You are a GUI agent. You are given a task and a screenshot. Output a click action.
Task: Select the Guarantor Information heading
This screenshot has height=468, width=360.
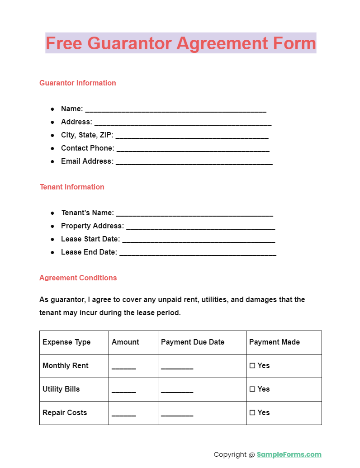[77, 83]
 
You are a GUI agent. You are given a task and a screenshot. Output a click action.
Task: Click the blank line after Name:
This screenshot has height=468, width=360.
[175, 110]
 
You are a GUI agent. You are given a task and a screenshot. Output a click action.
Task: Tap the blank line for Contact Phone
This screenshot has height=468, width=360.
[193, 149]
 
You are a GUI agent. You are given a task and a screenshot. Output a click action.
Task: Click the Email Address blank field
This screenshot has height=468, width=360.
[194, 162]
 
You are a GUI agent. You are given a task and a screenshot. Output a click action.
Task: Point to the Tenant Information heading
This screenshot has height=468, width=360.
[72, 187]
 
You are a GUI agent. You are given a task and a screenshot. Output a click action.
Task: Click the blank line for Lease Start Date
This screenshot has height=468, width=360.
[199, 240]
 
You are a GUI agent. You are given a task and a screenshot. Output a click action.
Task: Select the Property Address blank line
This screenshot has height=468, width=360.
[200, 227]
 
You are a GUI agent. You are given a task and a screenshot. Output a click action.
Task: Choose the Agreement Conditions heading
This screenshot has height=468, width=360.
[78, 278]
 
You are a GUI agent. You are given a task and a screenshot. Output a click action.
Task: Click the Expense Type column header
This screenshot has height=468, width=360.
[66, 342]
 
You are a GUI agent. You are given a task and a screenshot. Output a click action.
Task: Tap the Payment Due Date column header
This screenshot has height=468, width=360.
[193, 342]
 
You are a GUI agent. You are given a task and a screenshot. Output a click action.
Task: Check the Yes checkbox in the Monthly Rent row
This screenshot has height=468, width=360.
[252, 366]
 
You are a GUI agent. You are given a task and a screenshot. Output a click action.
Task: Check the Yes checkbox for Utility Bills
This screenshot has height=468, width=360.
[252, 389]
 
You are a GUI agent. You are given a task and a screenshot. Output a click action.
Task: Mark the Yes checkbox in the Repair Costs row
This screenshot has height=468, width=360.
[252, 413]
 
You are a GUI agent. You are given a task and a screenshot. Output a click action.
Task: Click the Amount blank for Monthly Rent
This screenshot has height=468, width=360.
[124, 367]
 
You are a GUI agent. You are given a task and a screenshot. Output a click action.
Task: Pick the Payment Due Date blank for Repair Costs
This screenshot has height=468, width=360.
[177, 414]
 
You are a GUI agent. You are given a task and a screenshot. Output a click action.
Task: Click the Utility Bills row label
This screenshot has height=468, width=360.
[61, 389]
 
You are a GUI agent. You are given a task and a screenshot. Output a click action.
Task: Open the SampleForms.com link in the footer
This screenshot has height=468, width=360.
[289, 454]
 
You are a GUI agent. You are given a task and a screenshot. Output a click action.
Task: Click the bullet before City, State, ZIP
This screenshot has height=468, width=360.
[52, 135]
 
